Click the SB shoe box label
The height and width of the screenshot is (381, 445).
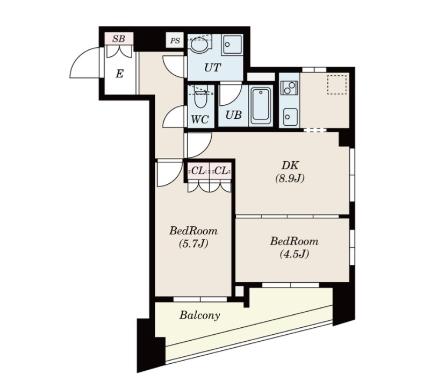(119, 38)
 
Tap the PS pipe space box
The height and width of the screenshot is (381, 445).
(175, 40)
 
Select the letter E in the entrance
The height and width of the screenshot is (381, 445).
(119, 74)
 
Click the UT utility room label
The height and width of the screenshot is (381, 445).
(213, 68)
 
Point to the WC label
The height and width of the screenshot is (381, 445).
(200, 119)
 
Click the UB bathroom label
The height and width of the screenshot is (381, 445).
(234, 114)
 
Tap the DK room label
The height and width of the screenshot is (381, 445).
(290, 165)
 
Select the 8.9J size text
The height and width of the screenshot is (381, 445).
(290, 178)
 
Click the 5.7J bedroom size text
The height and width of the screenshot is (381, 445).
(193, 243)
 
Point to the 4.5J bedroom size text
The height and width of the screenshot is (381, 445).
(295, 254)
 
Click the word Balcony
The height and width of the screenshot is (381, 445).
(199, 315)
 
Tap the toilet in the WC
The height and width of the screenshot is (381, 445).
(200, 97)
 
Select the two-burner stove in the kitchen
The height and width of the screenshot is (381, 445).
(289, 88)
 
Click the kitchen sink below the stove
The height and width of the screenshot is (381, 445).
(290, 116)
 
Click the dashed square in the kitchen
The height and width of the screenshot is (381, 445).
(337, 84)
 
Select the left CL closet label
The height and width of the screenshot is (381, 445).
(198, 171)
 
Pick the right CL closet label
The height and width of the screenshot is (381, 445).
(221, 171)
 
